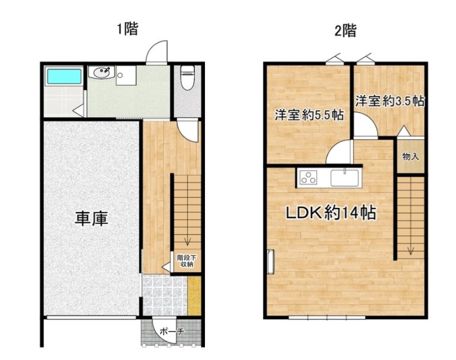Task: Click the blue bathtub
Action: pos(65,76)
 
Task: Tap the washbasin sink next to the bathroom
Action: pos(101,72)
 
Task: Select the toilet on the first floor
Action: pos(187,78)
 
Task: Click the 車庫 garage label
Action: pos(91,218)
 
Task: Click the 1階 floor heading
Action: pos(127,29)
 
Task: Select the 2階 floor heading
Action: pos(345,30)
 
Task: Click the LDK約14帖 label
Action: pos(331,213)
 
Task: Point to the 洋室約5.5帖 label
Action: pos(309,115)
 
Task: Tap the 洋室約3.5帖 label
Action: pos(390,101)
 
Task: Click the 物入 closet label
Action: pos(410,157)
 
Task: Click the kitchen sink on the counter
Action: pos(345,178)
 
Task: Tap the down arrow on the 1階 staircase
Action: pos(188,240)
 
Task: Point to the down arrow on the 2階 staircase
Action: pos(410,249)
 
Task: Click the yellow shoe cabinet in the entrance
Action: pos(194,295)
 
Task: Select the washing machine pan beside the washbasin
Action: pos(126,75)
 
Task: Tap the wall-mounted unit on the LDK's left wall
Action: pos(271,262)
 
